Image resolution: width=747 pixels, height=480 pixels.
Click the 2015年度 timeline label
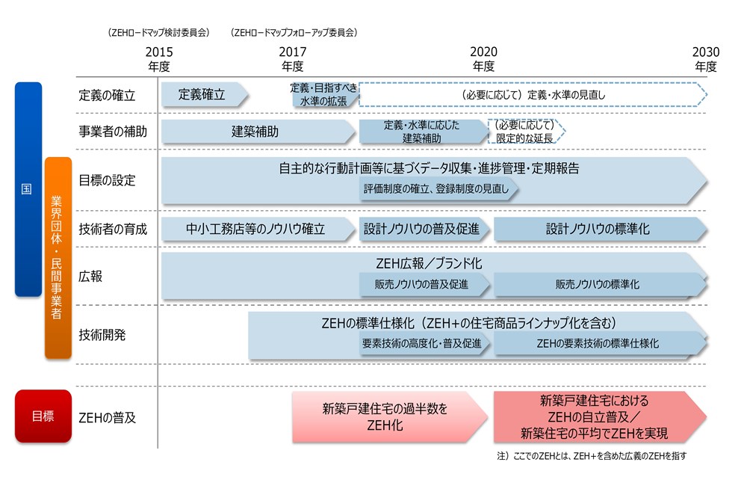click(x=158, y=59)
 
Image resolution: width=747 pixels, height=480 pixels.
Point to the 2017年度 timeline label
click(x=291, y=59)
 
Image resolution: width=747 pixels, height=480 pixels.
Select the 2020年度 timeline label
click(x=483, y=59)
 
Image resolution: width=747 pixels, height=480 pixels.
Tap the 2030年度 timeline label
click(x=705, y=59)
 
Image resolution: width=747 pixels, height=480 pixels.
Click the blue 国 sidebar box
click(x=28, y=189)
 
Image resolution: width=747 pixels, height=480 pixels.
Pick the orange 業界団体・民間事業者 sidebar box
click(x=58, y=257)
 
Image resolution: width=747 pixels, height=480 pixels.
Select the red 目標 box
click(x=43, y=416)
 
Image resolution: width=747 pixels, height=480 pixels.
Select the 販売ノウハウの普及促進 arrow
click(x=424, y=285)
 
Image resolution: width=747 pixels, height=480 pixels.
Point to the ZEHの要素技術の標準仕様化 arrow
click(x=598, y=344)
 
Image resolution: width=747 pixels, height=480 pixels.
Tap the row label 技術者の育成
click(x=113, y=230)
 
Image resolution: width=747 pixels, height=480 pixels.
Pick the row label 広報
click(x=90, y=276)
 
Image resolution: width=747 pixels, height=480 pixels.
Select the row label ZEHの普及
click(x=108, y=417)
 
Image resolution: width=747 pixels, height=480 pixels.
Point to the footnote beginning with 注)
click(x=590, y=455)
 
